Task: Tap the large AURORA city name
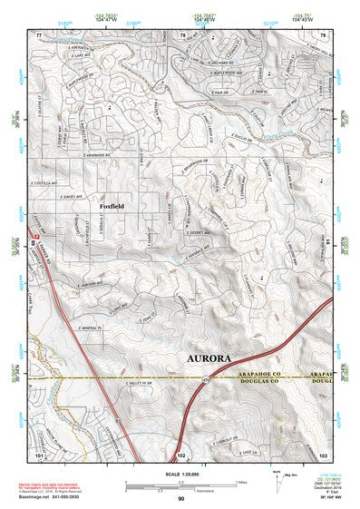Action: [x=214, y=357]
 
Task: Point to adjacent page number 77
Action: [x=39, y=34]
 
